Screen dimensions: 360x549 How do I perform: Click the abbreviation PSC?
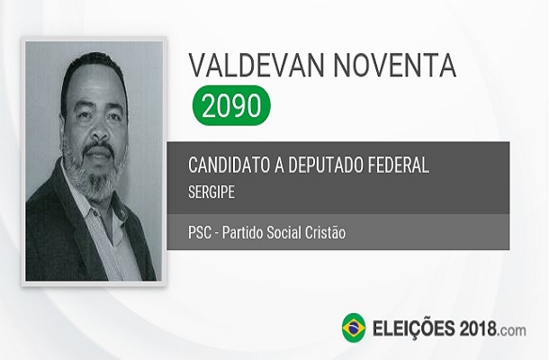coord(199,233)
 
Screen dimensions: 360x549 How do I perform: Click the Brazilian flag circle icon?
coord(353,327)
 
